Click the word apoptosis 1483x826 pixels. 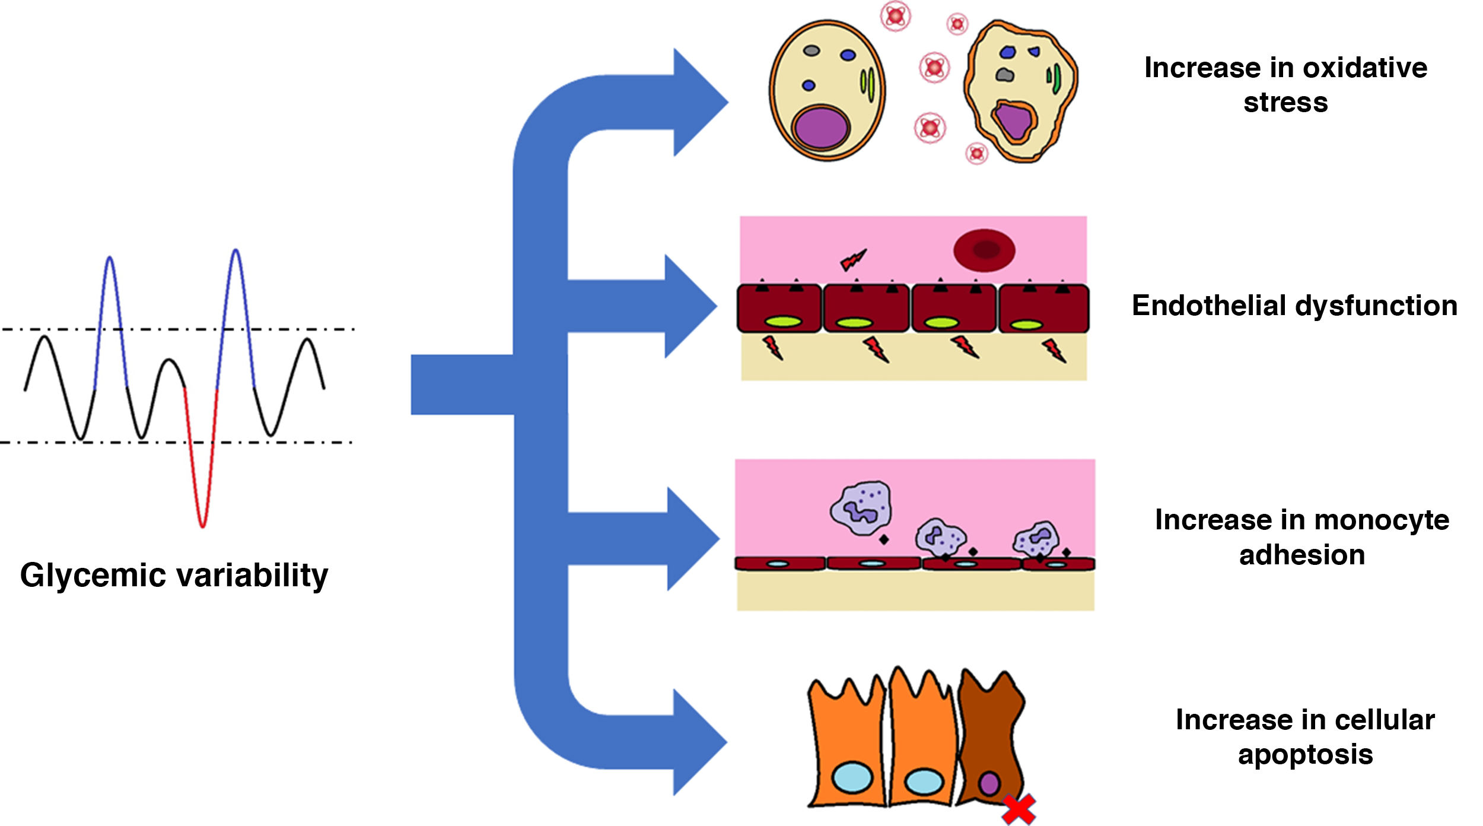tap(1305, 755)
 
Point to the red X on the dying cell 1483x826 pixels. tap(1019, 810)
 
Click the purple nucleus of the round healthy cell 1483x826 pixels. tap(822, 128)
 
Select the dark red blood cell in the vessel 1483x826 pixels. tap(984, 250)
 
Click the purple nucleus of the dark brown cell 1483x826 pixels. tap(989, 783)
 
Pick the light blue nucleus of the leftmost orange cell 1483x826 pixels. tap(852, 778)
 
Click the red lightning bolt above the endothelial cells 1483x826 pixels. tap(854, 259)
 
